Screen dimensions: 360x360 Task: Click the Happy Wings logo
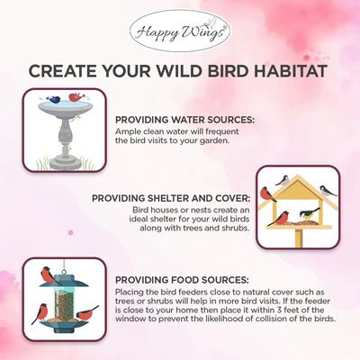(x=179, y=33)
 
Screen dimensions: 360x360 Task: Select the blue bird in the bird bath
(x=56, y=98)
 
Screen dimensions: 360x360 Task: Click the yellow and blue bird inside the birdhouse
(x=309, y=214)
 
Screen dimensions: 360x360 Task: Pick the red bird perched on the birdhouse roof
(x=266, y=193)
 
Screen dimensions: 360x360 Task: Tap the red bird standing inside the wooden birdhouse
(x=282, y=217)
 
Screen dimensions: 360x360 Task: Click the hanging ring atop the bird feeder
(x=62, y=264)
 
